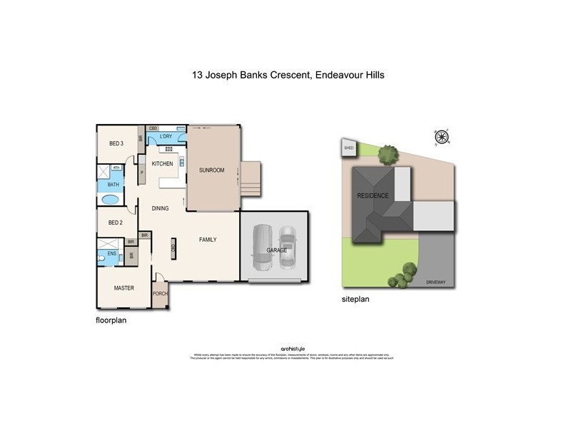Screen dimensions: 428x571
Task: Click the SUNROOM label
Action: pos(212,170)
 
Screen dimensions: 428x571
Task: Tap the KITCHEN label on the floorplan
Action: pos(163,164)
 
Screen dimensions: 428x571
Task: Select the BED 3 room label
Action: pos(116,143)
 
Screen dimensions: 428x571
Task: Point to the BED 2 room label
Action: pos(116,223)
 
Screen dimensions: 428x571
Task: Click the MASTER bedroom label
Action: pos(124,288)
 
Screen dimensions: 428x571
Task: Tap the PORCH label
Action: pos(161,292)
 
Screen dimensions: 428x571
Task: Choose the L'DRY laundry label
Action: pos(166,136)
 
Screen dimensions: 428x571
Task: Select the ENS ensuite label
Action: pos(112,253)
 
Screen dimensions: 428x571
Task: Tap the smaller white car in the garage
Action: pos(287,248)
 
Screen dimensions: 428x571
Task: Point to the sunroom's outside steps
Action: pos(251,179)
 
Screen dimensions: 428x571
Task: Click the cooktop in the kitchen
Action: pos(171,149)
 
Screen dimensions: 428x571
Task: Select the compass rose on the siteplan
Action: pos(441,137)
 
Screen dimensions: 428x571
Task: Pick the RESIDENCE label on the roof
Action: pos(373,195)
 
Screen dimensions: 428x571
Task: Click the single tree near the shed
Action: pos(388,153)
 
